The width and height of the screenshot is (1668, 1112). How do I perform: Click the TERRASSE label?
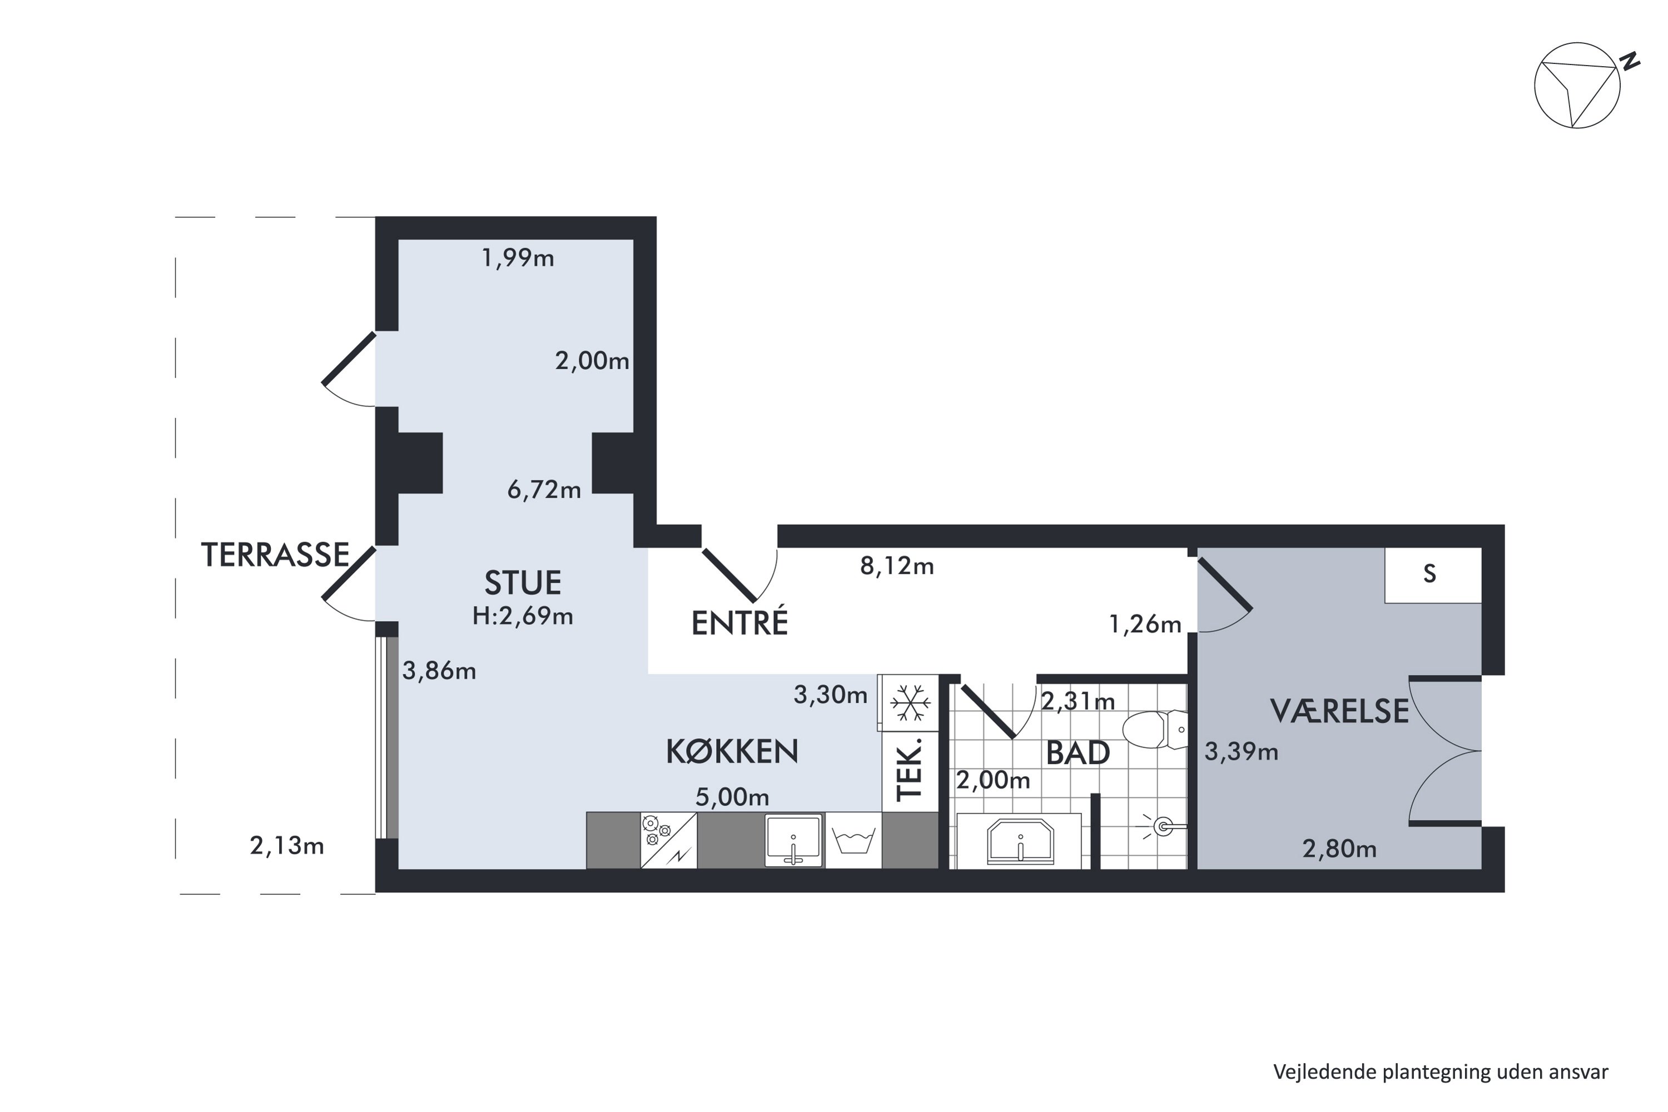275,554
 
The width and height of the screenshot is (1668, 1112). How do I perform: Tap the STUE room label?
523,583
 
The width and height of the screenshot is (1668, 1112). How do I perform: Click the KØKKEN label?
732,751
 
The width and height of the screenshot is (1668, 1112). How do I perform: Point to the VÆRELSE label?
1339,711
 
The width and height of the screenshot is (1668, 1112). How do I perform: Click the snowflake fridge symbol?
910,703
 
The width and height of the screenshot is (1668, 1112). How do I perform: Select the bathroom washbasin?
1020,842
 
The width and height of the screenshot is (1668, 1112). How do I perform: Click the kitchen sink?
793,840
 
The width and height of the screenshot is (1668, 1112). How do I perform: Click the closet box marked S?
1433,574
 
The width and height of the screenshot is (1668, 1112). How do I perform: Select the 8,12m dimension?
897,566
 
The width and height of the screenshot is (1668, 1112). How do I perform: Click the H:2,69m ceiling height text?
523,616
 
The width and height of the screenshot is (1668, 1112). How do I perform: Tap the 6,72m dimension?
544,489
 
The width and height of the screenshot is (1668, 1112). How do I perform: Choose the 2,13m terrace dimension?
286,846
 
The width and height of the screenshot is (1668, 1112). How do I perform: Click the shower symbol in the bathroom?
1160,826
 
